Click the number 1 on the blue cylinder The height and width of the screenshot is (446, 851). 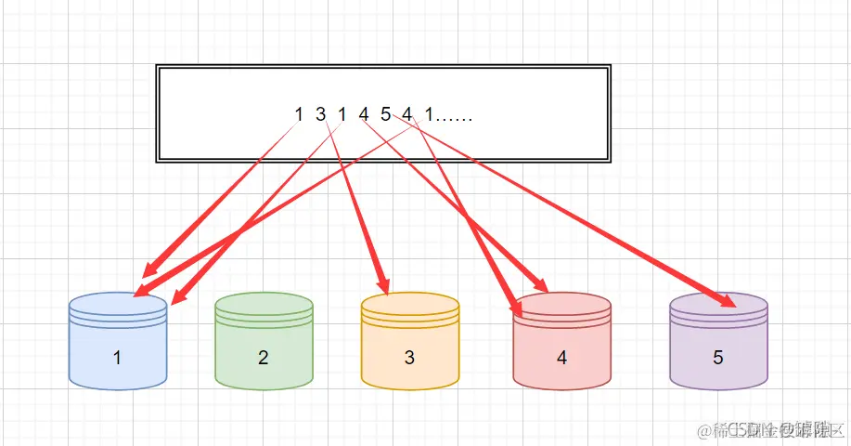tap(117, 357)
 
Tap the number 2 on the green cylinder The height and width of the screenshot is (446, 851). tap(264, 357)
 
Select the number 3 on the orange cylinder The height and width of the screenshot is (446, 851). tap(409, 357)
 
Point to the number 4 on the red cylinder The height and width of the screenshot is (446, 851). tap(561, 357)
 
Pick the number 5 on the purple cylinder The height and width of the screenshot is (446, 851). tap(717, 357)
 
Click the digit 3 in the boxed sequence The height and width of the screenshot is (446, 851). tap(320, 114)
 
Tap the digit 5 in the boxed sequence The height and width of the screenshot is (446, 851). tap(385, 114)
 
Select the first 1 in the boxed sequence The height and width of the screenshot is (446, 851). tap(299, 114)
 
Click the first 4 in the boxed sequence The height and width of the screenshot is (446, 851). tap(363, 114)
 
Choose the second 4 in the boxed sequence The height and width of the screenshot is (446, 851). tap(406, 114)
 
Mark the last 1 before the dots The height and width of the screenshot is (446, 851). tap(429, 114)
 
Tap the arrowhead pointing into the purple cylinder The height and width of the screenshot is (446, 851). tap(729, 300)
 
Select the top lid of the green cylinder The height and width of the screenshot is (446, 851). tap(264, 303)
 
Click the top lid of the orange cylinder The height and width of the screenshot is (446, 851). tap(409, 303)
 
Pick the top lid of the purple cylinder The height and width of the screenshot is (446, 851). tap(717, 305)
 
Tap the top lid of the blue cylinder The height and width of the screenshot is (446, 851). tap(118, 303)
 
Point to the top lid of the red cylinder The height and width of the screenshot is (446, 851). tap(561, 304)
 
